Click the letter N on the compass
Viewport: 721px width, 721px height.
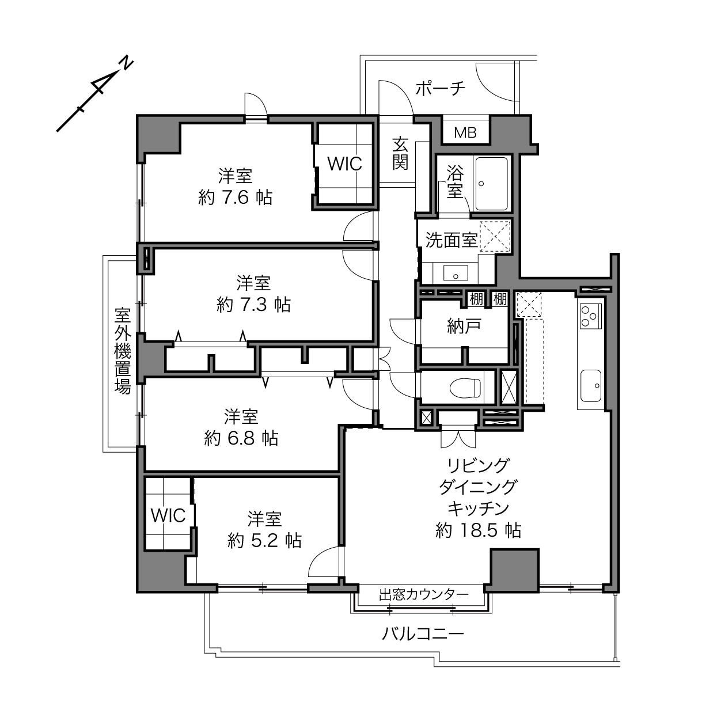[126, 64]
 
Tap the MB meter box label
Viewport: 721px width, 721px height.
[465, 132]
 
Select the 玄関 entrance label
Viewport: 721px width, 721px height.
[400, 153]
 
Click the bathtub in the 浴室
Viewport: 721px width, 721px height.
[491, 183]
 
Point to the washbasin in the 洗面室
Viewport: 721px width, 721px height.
[456, 273]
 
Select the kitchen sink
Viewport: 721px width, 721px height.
[591, 386]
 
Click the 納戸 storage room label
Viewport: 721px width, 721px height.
[464, 327]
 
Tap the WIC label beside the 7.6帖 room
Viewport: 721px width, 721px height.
[344, 164]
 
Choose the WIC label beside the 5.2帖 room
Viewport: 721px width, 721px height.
[168, 516]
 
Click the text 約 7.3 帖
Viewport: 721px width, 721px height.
[253, 305]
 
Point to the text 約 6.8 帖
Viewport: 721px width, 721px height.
[241, 438]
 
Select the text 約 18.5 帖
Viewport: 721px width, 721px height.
[478, 530]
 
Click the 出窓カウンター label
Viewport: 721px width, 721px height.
[423, 594]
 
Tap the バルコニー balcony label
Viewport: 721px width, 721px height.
[423, 634]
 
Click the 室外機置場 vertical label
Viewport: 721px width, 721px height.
[122, 351]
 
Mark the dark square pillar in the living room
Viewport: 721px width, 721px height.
[514, 570]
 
